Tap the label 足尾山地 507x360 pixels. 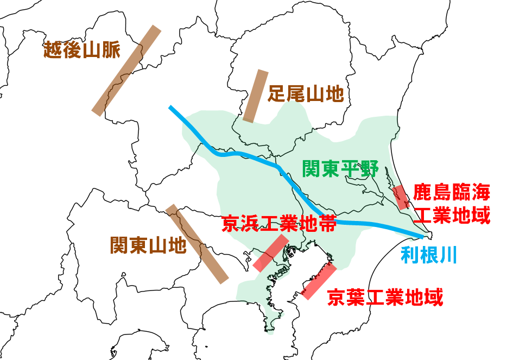click(x=306, y=94)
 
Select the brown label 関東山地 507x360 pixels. click(x=148, y=245)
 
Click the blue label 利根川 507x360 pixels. click(x=428, y=254)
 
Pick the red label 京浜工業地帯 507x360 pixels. click(x=278, y=223)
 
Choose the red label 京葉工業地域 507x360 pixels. click(x=385, y=296)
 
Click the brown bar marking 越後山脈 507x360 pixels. click(x=126, y=70)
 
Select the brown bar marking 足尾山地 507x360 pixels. click(x=256, y=96)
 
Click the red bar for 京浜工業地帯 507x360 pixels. click(x=271, y=252)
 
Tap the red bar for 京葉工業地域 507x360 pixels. click(x=319, y=281)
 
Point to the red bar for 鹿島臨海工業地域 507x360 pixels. click(x=401, y=198)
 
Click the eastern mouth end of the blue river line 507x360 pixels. click(x=422, y=237)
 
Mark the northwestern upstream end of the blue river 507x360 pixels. click(x=170, y=108)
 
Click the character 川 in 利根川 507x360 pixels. click(x=447, y=254)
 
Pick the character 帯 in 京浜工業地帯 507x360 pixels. click(x=326, y=223)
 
